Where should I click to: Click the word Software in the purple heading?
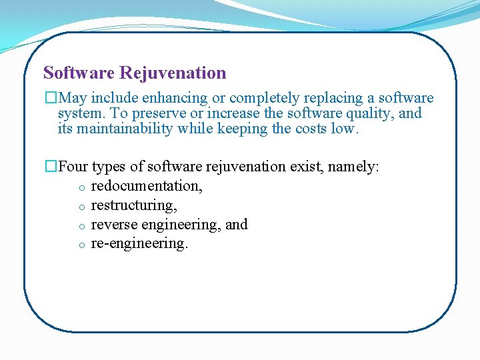79,73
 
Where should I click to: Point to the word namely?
354,167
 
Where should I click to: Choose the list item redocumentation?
147,186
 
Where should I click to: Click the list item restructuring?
134,205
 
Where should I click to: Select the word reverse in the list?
111,225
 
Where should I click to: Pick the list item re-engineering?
139,244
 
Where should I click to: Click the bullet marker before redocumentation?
79,187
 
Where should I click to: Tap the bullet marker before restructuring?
79,207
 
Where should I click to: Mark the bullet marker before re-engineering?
79,245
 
